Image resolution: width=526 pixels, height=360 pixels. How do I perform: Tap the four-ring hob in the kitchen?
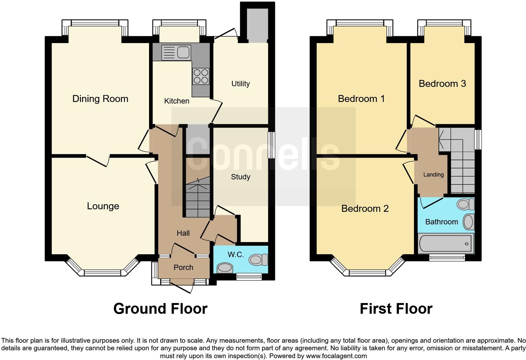click(201, 76)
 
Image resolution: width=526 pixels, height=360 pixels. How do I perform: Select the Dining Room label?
click(100, 99)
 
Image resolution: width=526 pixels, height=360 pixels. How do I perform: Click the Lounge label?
click(103, 206)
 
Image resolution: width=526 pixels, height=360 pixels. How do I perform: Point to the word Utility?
click(240, 84)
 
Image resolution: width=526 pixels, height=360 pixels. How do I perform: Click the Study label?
click(240, 177)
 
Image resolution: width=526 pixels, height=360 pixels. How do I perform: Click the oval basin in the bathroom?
click(468, 222)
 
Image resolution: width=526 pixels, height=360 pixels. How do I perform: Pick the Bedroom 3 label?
click(442, 84)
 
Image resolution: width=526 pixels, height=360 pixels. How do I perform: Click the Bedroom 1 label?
click(361, 99)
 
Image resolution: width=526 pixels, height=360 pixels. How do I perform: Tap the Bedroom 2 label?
click(365, 208)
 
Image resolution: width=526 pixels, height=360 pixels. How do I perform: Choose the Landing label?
click(433, 175)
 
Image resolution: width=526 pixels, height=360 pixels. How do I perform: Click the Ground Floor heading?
click(160, 309)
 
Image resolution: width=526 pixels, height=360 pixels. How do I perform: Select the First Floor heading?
click(396, 309)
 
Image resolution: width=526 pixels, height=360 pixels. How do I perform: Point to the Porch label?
click(183, 267)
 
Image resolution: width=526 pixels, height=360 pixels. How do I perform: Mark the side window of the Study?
click(271, 145)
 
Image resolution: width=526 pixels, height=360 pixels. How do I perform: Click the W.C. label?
click(236, 255)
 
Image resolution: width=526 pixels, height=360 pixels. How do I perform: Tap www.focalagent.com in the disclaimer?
click(336, 356)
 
